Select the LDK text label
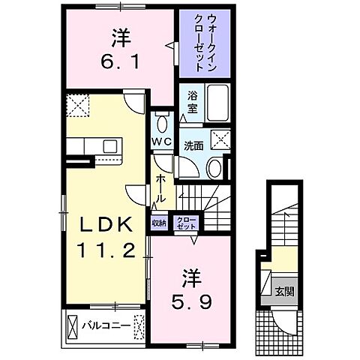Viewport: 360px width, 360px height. click(x=106, y=225)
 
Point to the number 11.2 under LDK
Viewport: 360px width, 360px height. click(x=106, y=249)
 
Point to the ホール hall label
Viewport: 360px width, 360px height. click(x=161, y=190)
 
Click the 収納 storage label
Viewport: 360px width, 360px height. click(x=159, y=222)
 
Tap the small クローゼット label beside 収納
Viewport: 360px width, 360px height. click(x=184, y=222)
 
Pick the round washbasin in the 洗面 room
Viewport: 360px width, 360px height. click(x=215, y=166)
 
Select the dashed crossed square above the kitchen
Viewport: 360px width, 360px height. click(x=77, y=105)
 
